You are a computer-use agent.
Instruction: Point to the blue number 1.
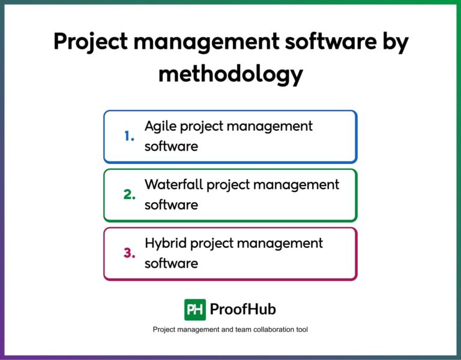click(130, 136)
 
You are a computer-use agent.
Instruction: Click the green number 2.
click(130, 195)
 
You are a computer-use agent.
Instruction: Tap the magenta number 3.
click(130, 253)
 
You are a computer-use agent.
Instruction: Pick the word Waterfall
click(173, 185)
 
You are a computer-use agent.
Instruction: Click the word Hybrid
click(164, 243)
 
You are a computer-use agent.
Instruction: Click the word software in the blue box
click(171, 146)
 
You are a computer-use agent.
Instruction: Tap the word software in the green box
click(171, 205)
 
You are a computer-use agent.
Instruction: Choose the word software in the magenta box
click(171, 263)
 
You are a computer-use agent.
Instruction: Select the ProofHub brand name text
click(243, 310)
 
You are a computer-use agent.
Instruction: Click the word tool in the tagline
click(301, 330)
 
